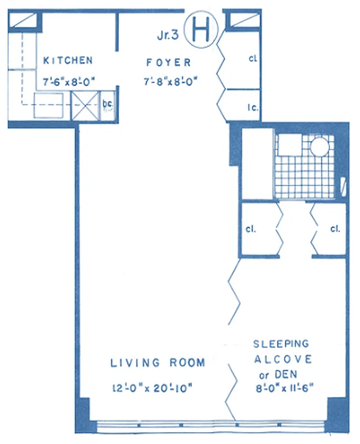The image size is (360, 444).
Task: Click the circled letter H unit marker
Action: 200,30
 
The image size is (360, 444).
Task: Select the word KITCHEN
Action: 68,60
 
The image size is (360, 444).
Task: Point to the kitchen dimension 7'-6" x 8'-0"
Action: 69,82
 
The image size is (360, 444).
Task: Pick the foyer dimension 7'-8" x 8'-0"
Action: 170,82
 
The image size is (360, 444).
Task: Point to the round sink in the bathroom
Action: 320,148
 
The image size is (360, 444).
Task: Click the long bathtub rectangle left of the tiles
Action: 257,164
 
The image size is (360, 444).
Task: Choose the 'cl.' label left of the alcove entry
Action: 251,229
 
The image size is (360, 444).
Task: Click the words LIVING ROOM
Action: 158,363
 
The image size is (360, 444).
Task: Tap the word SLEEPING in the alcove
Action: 281,344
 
